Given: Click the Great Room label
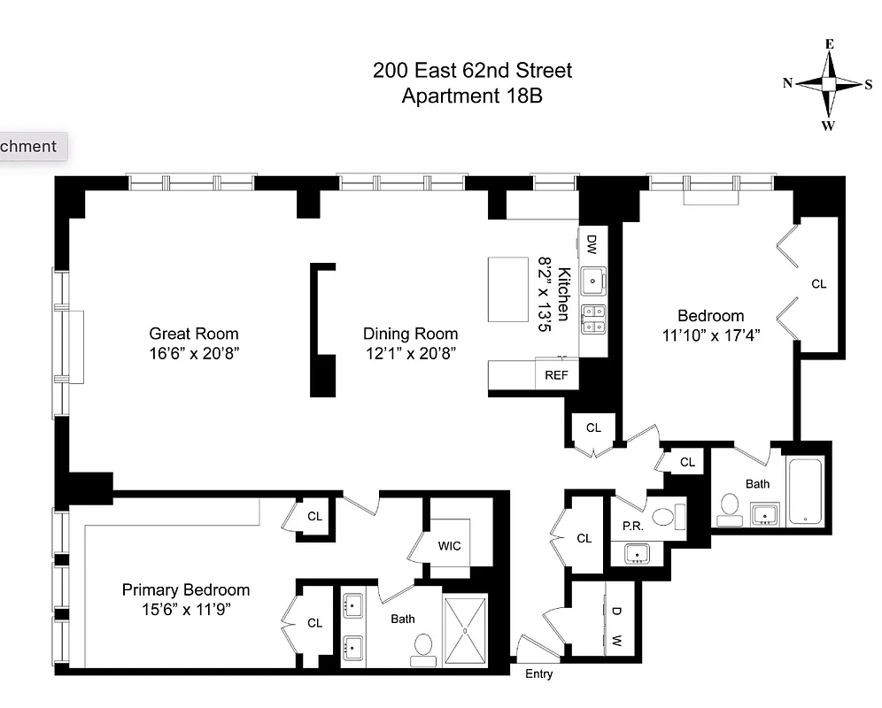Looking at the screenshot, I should [x=193, y=334].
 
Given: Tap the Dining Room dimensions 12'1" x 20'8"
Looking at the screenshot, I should [x=410, y=352].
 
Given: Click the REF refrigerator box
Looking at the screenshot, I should [x=556, y=374].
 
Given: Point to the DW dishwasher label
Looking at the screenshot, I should [x=592, y=243].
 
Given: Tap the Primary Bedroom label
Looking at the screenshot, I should [x=185, y=589].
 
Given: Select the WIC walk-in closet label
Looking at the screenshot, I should [x=449, y=546].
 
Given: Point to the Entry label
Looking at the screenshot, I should [x=538, y=674].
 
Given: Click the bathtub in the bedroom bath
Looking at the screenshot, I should [x=804, y=491].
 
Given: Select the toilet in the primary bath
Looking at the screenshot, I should [x=422, y=647].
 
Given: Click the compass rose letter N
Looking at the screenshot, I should [x=787, y=83].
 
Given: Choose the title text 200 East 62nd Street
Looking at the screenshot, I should [x=472, y=70].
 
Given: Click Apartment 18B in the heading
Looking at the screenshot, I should [x=472, y=96].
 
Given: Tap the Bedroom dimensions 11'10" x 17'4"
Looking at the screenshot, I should [x=710, y=335].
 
